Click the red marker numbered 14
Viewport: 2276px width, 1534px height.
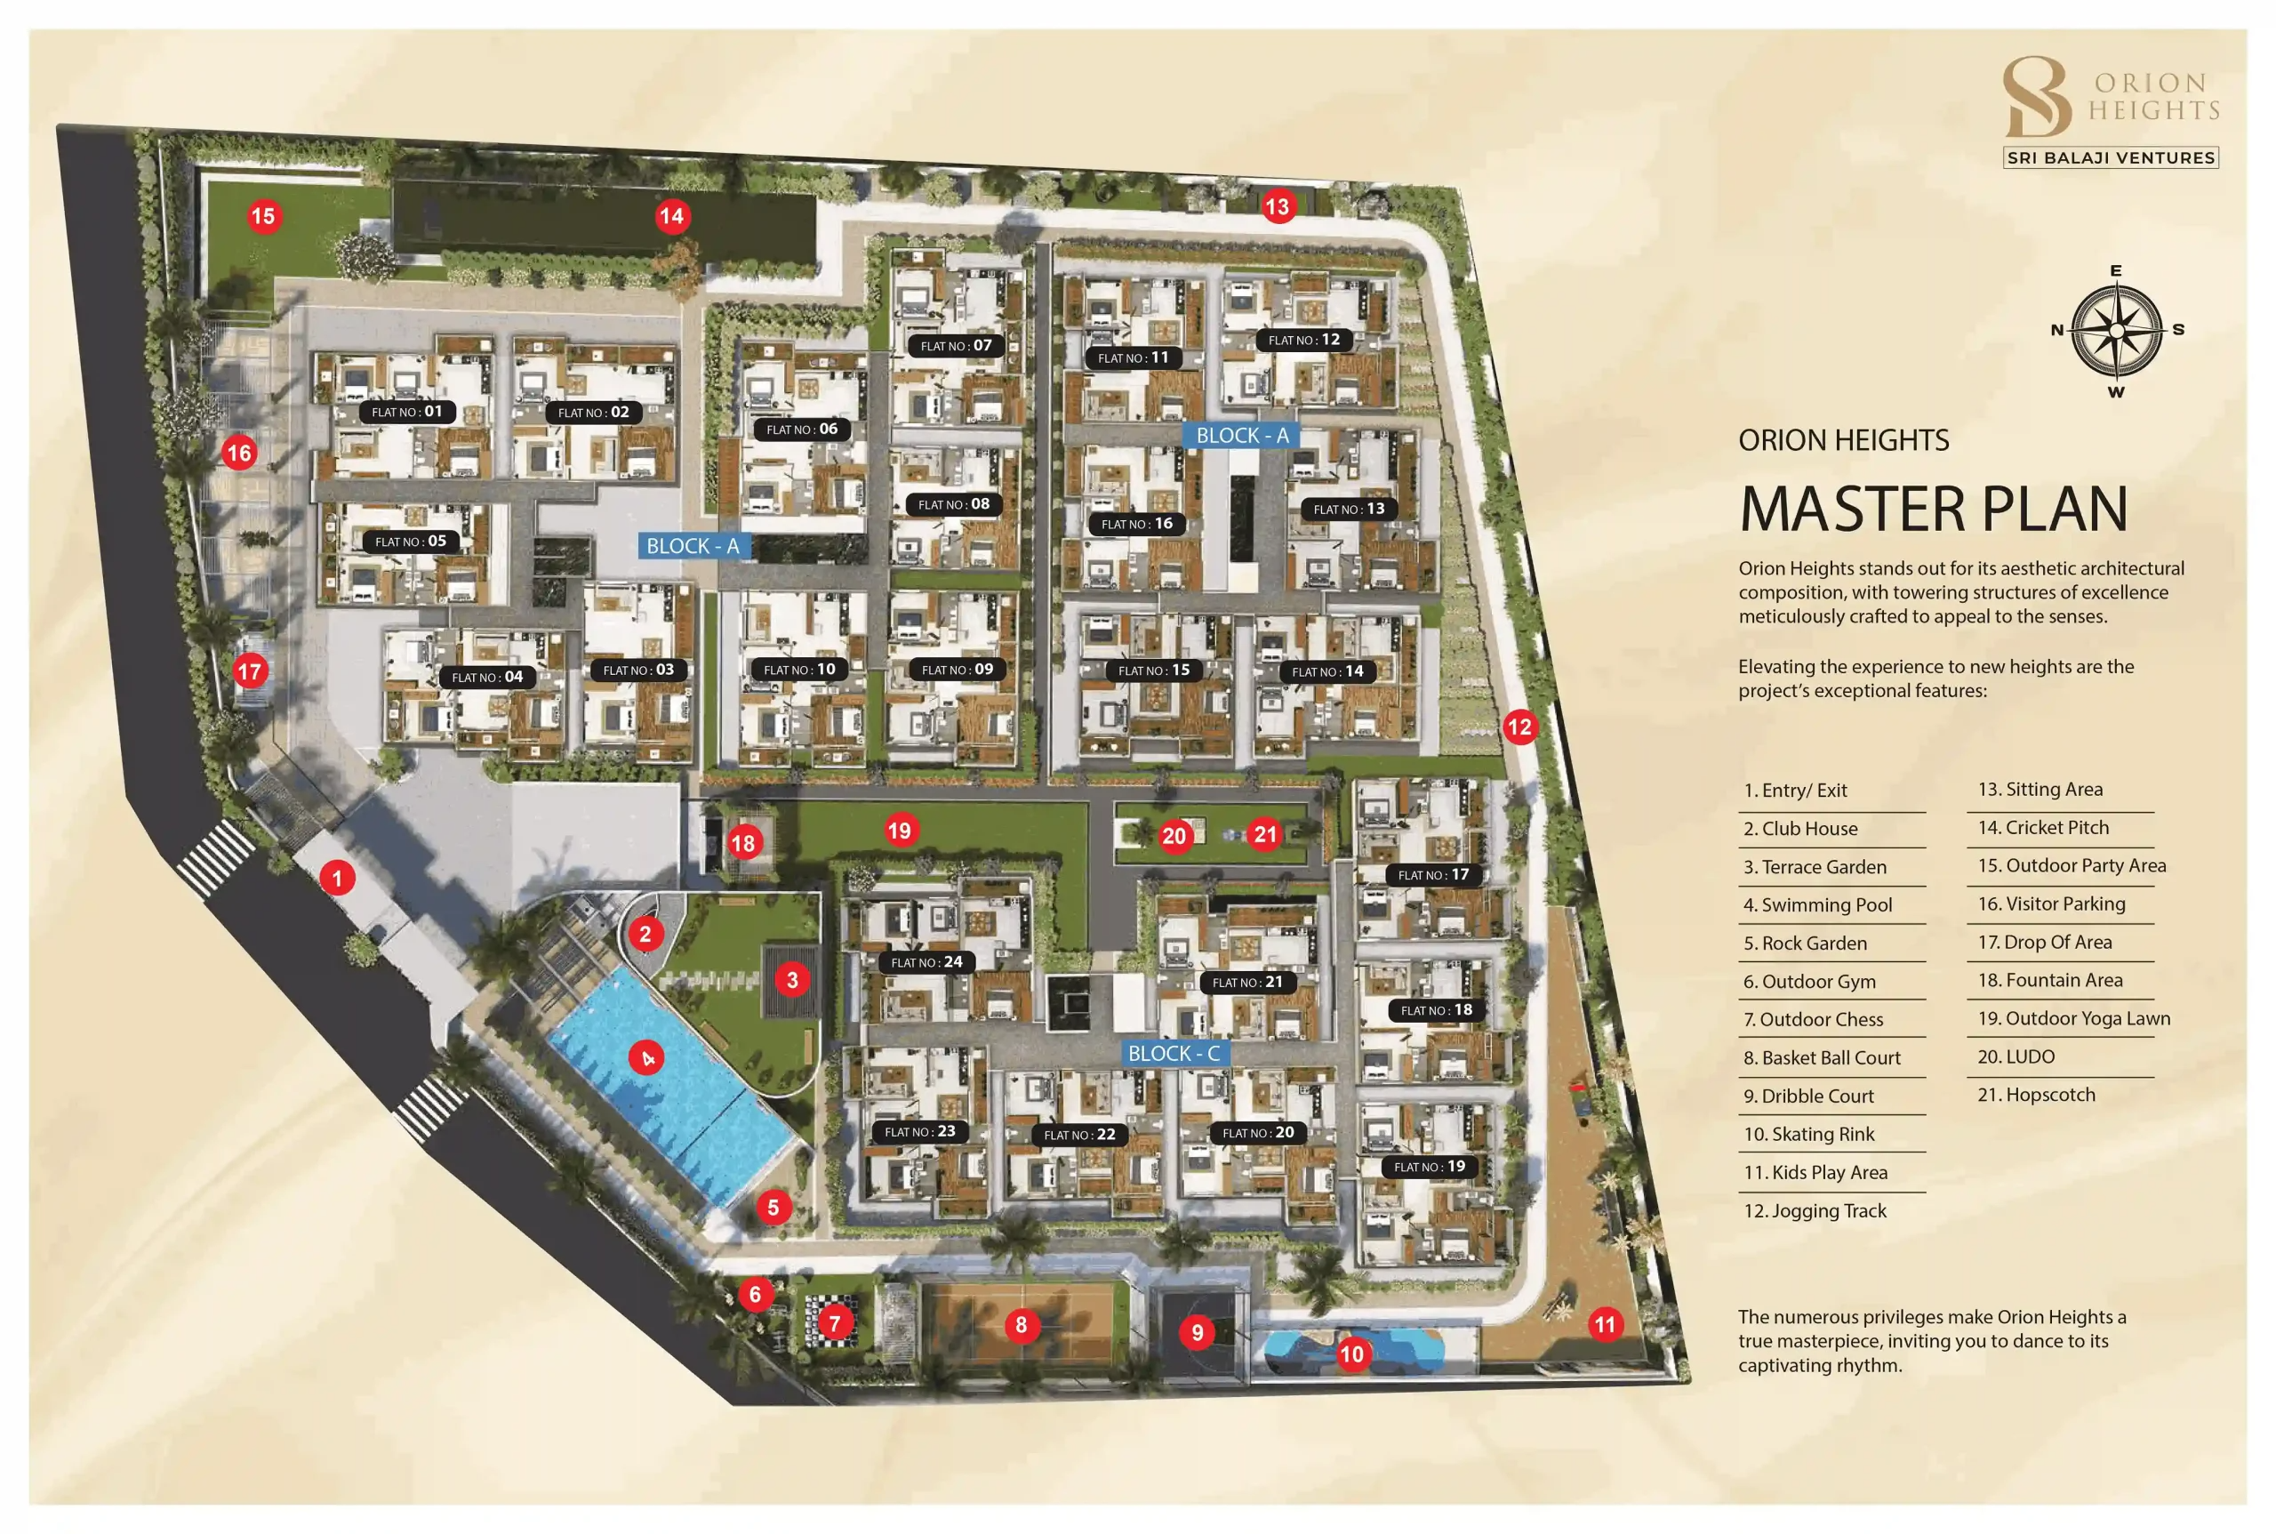[671, 216]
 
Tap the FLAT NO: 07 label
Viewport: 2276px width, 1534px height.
[956, 345]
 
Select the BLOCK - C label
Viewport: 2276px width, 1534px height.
[1174, 1054]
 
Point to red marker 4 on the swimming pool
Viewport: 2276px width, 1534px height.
[646, 1057]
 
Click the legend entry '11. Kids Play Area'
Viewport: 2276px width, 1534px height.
[1815, 1172]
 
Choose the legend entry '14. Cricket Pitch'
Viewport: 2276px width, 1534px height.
[2043, 828]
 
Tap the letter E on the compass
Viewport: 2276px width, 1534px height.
[2116, 271]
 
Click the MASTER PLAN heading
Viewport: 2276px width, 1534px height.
[1933, 509]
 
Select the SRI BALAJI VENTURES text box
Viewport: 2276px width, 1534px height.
[2111, 157]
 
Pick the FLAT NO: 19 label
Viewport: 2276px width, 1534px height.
[1429, 1166]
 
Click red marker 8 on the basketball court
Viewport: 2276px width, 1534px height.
[1022, 1326]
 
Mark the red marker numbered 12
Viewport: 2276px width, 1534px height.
[1519, 727]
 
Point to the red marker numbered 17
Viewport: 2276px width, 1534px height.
[250, 671]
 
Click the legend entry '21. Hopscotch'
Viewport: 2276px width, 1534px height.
[2036, 1095]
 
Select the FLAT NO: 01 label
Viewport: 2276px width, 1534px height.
[407, 412]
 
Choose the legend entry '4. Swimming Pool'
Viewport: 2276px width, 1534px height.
[1817, 905]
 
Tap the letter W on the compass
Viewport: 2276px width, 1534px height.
[2116, 392]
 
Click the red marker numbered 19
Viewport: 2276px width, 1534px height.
[899, 831]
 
